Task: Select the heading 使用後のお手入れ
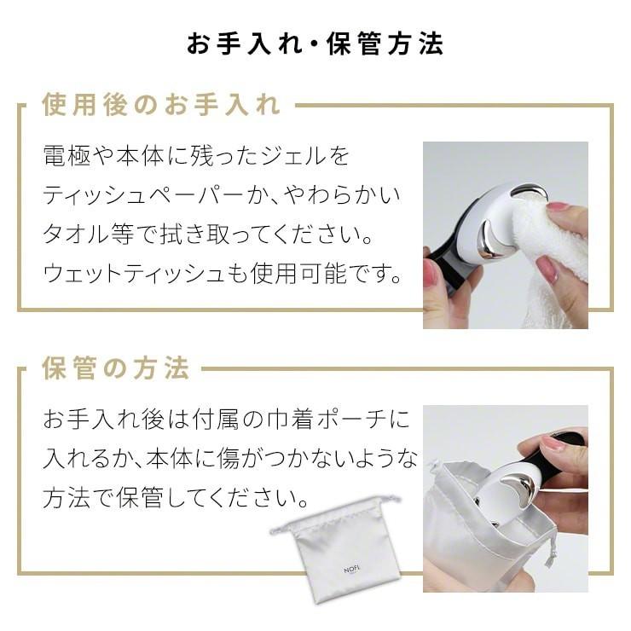(x=160, y=106)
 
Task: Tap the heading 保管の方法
(x=115, y=369)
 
